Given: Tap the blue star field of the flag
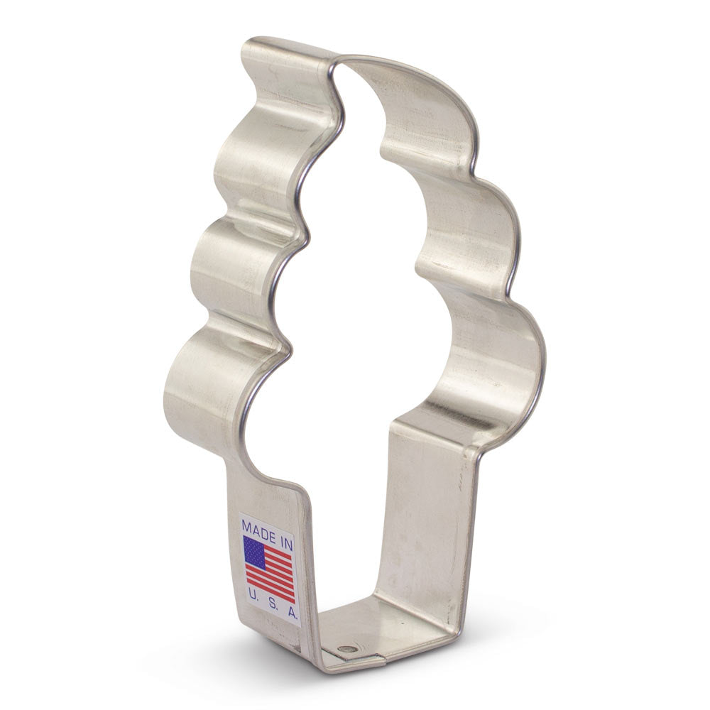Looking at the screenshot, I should [x=254, y=552].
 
